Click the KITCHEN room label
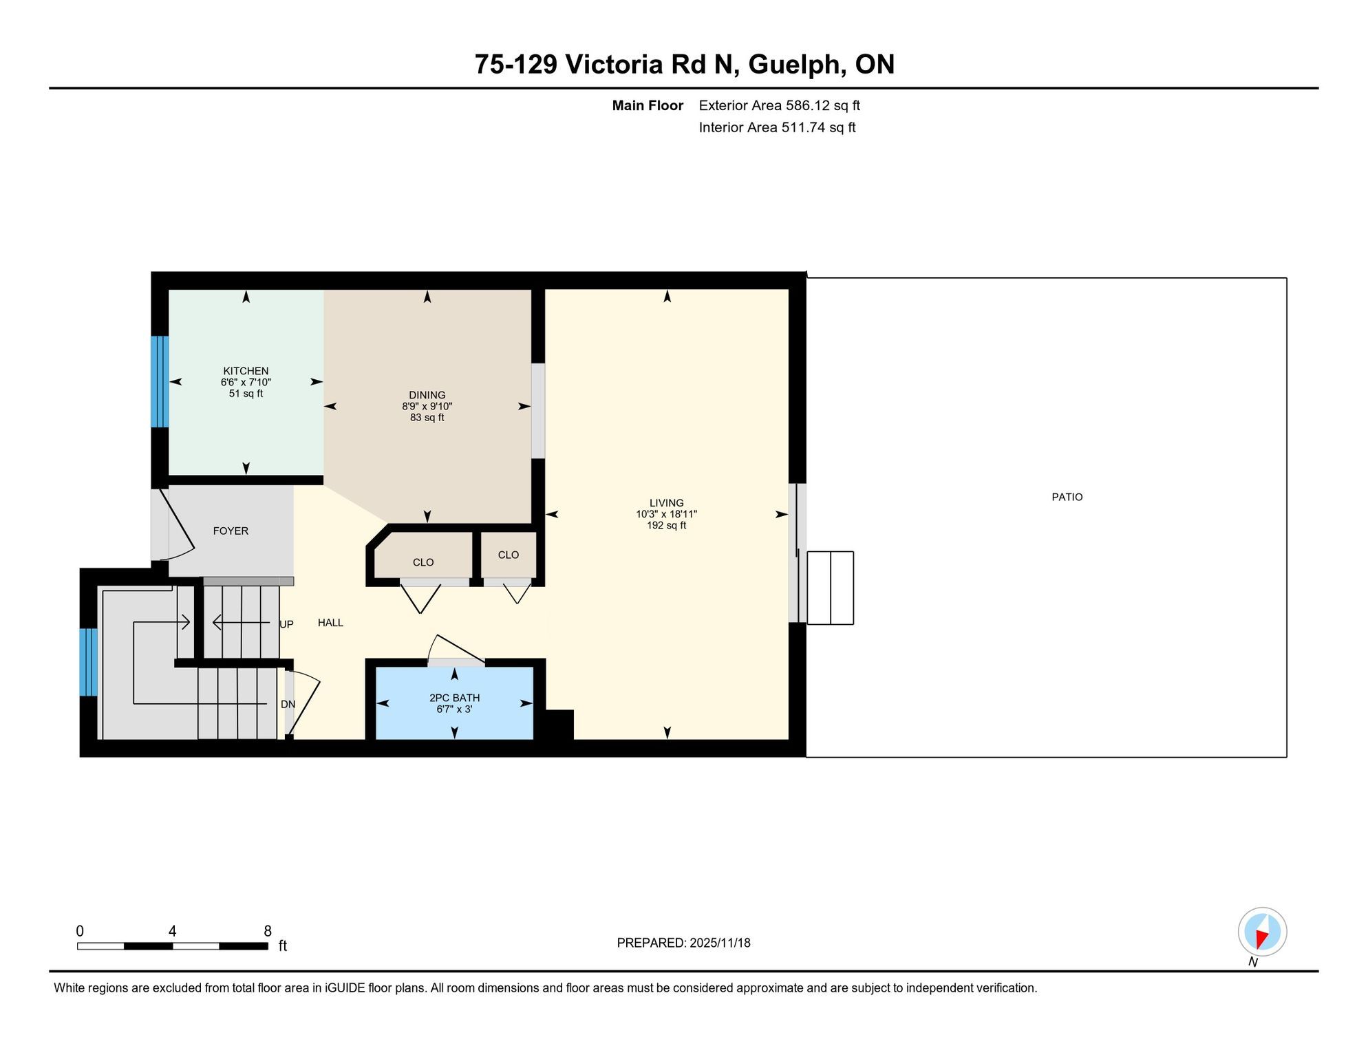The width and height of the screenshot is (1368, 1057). [x=246, y=371]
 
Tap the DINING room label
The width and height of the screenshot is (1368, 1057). [x=427, y=395]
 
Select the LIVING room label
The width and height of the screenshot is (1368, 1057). [x=667, y=503]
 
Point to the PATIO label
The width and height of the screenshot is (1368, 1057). [x=1067, y=497]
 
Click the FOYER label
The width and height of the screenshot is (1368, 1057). [x=231, y=531]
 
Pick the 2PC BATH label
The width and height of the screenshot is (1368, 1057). [x=454, y=698]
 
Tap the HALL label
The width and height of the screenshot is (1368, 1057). [x=330, y=623]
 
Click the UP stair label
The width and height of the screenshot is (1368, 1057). [x=286, y=624]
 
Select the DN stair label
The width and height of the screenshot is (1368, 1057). [x=288, y=705]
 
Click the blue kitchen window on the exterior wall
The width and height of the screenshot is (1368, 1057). [x=160, y=382]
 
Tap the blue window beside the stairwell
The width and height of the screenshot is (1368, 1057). [x=89, y=662]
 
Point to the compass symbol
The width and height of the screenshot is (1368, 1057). [x=1262, y=932]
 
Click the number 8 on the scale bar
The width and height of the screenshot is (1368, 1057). [x=268, y=931]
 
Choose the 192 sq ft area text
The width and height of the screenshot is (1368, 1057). [x=667, y=526]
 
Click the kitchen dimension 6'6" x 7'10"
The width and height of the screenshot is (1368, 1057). [x=246, y=382]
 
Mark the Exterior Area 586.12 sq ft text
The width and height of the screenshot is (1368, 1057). [x=780, y=105]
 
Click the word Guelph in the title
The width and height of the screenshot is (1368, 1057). [x=795, y=64]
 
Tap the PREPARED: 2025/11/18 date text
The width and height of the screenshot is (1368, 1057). [x=683, y=943]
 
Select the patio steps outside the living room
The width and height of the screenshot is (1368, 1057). [x=830, y=588]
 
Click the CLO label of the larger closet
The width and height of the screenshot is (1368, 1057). [x=423, y=562]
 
